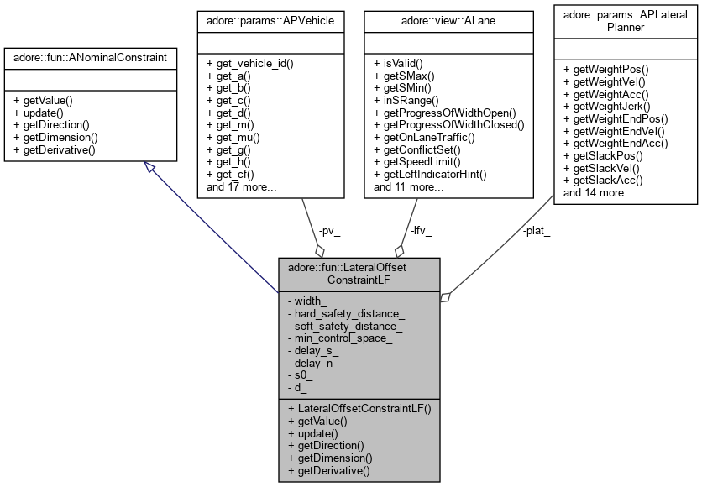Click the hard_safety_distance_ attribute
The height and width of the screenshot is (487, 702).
346,312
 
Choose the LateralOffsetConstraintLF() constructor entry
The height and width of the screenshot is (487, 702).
359,408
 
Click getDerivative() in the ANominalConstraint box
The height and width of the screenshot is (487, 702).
55,150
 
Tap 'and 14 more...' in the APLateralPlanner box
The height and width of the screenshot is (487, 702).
599,193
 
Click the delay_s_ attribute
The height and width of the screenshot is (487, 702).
316,350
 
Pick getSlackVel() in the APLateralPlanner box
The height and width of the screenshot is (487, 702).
603,168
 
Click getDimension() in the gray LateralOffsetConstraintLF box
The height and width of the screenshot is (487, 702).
330,458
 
